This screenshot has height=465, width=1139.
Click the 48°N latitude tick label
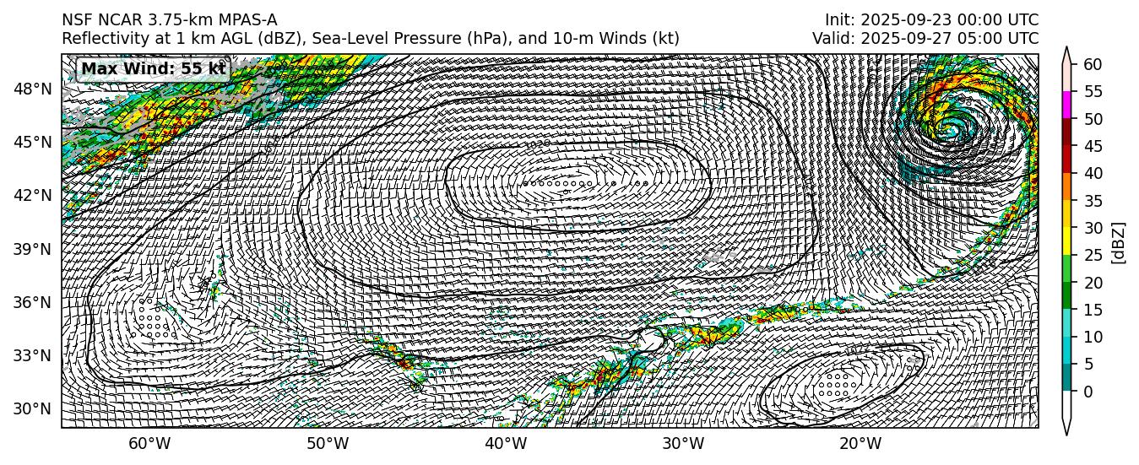[x=33, y=89]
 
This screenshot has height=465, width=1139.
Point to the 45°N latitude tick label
[x=33, y=142]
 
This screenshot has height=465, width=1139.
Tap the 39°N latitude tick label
[x=33, y=249]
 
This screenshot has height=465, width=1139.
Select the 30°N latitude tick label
[x=33, y=409]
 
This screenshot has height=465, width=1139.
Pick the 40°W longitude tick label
[x=505, y=445]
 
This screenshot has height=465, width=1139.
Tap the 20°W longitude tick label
[x=860, y=445]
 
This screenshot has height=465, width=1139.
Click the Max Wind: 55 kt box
[x=153, y=68]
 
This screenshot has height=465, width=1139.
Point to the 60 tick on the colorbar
[x=1093, y=64]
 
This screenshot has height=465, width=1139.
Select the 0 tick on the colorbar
[x=1087, y=392]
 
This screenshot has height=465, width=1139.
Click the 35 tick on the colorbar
[x=1093, y=201]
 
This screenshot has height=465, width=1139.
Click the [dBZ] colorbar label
[x=1119, y=242]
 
